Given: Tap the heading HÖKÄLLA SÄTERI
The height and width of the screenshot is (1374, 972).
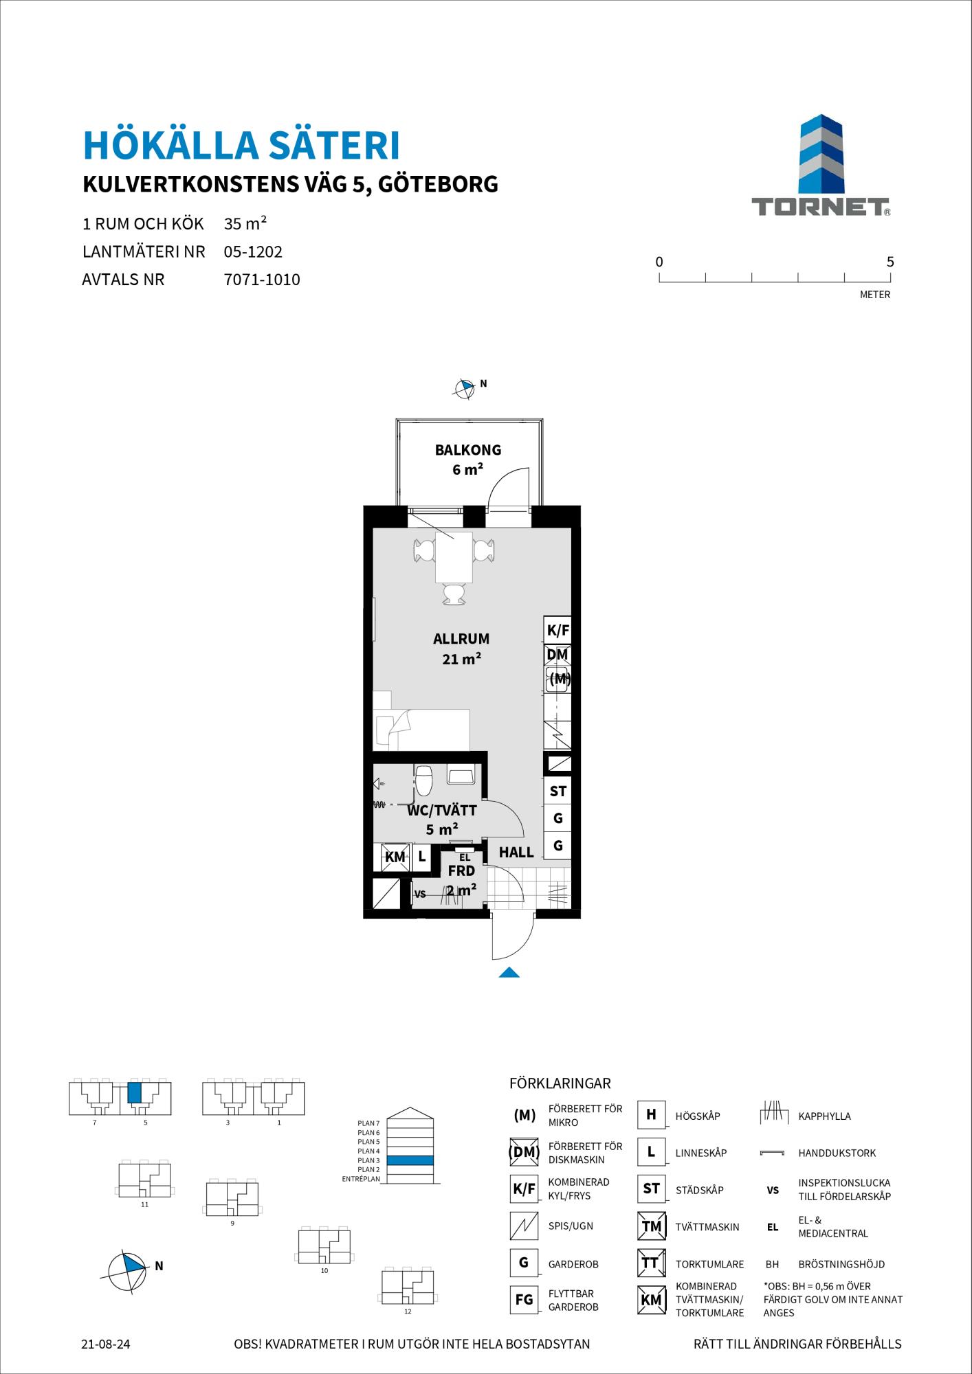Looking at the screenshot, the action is pos(241,146).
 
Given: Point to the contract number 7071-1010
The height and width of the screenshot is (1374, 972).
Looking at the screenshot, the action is pos(262,280).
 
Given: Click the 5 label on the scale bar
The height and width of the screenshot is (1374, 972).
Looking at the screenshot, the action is pos(890,262).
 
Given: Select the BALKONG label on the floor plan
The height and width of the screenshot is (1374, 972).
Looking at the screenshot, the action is pos(467,450).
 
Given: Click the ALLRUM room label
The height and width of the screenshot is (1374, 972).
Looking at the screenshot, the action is pos(461,639).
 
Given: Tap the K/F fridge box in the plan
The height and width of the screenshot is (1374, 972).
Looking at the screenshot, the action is pos(557,630).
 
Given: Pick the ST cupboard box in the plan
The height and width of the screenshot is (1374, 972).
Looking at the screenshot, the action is pos(557,791).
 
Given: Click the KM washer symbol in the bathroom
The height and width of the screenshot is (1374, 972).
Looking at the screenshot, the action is pos(395,857).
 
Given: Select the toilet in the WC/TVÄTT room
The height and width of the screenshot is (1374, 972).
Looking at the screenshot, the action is pos(423,780).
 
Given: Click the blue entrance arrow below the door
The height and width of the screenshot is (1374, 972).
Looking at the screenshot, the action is pos(509,971).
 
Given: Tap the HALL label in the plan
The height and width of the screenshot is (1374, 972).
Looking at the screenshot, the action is pos(516,853).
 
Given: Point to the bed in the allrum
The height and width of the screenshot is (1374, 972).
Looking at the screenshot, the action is pos(421,730).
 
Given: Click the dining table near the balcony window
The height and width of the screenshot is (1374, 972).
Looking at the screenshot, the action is pos(454,556).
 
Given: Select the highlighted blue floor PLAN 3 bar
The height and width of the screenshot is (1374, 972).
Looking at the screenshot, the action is pos(410,1160).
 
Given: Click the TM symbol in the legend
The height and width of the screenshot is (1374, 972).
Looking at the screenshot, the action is pos(651,1226).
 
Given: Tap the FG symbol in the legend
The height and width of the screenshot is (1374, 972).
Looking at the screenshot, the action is pos(524,1300).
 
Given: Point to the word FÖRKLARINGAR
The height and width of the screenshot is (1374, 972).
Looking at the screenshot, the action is pos(560,1084).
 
